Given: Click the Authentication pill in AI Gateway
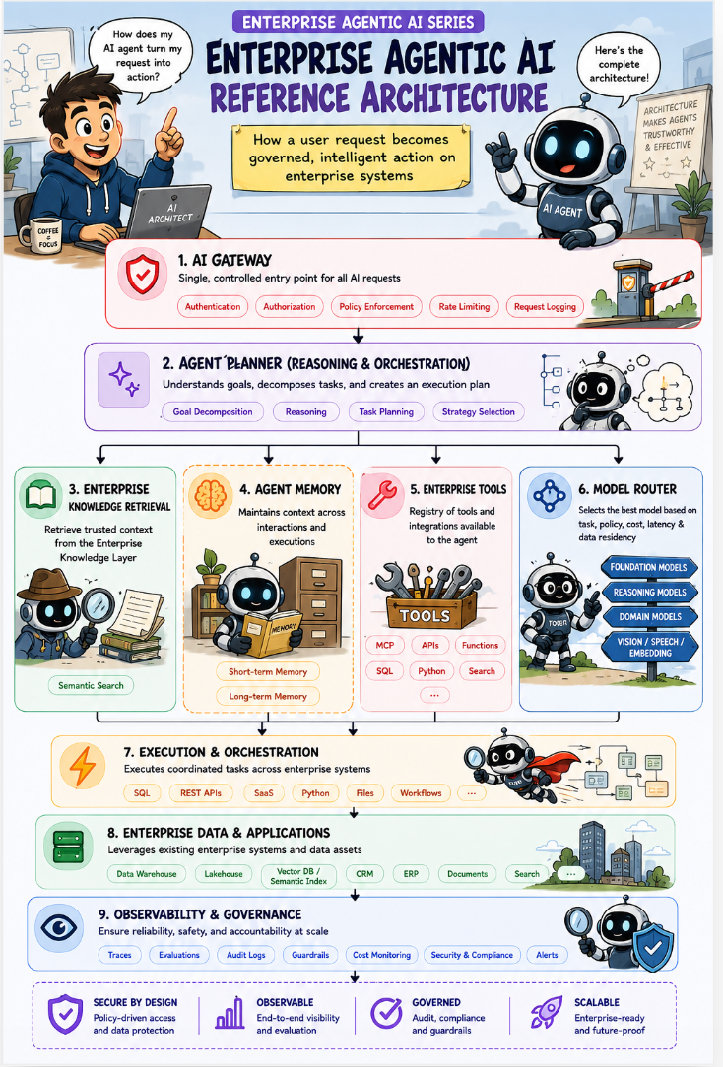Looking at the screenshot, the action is tap(213, 307).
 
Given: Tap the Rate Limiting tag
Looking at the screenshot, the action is tap(464, 307).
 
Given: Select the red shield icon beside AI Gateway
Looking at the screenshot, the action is tap(142, 275).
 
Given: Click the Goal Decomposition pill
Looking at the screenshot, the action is tap(213, 411).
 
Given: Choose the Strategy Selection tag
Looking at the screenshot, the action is tap(478, 411).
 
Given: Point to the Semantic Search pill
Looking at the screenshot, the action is tap(91, 685).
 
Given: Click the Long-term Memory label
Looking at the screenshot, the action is tap(268, 696).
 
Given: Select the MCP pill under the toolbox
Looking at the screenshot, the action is tap(384, 645).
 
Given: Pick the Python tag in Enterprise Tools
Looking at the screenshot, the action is tap(431, 671).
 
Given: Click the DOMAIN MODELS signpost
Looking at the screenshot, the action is tap(649, 617).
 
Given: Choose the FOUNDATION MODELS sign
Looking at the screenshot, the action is tap(648, 567).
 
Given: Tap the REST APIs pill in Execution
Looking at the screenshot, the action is tap(201, 792).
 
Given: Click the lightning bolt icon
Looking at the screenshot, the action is tap(83, 766).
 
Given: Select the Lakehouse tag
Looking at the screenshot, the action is tap(224, 874).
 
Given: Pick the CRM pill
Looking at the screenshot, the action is tap(364, 874).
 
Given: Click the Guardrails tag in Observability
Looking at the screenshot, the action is tap(310, 955).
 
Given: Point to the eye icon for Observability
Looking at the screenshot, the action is tap(59, 927).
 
